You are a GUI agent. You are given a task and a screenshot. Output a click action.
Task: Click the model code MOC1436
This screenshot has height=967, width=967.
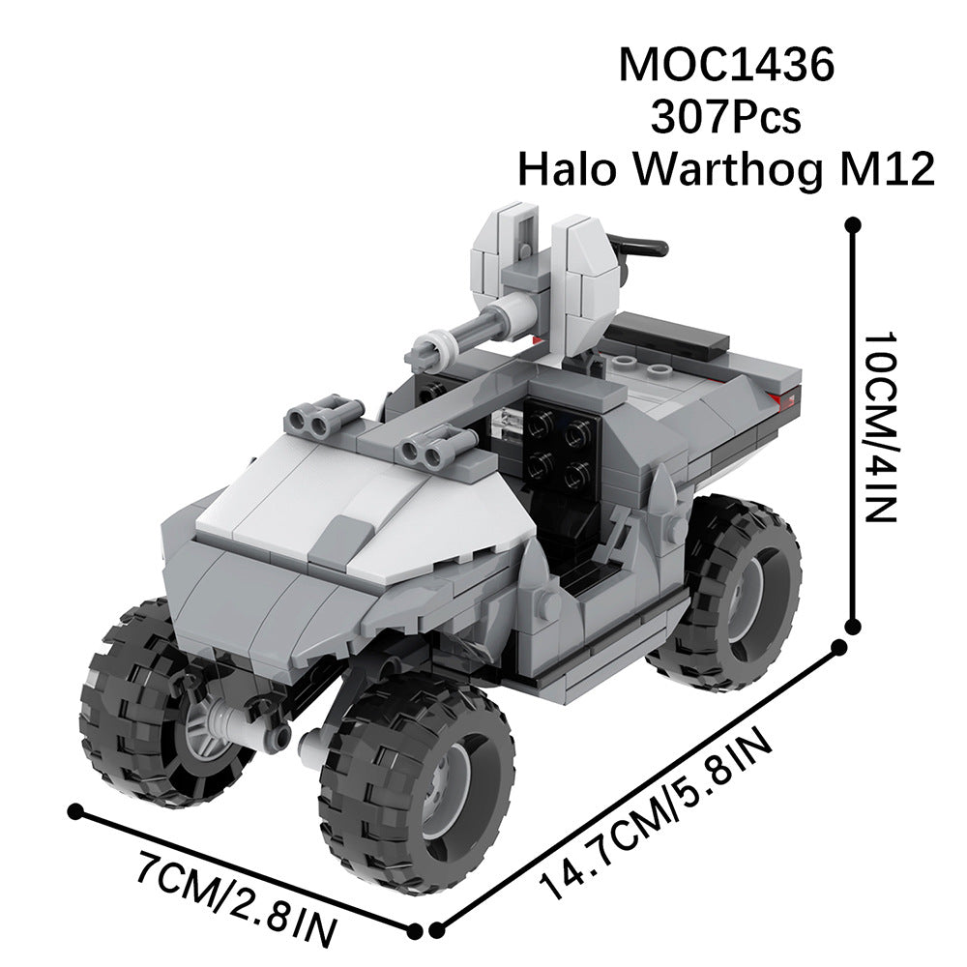tap(725, 65)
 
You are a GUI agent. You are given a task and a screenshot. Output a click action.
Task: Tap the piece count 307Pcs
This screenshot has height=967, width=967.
tap(725, 118)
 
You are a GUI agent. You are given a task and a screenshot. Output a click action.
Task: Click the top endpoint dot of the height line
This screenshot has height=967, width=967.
tap(853, 225)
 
